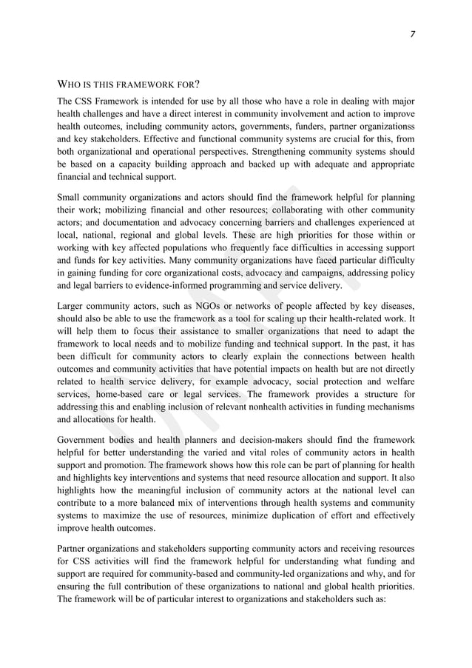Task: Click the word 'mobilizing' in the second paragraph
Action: pyautogui.click(x=109, y=210)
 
